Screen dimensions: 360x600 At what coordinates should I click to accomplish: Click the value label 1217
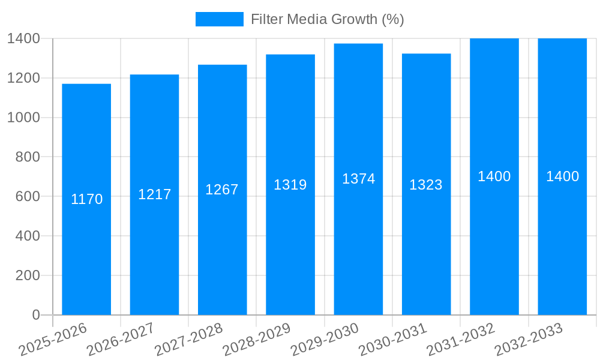click(155, 194)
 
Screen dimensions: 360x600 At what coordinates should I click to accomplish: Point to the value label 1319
click(290, 185)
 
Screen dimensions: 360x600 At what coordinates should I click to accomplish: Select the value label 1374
click(358, 179)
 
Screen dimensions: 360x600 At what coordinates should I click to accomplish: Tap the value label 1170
click(87, 199)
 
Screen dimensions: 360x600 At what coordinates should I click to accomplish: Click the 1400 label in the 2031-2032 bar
click(494, 176)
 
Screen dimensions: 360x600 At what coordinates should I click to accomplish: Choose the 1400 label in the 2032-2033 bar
click(562, 176)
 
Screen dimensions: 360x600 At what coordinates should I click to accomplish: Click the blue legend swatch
click(219, 19)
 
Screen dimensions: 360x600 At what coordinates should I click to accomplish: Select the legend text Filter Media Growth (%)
click(328, 19)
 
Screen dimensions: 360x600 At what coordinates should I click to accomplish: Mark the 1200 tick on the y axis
click(23, 78)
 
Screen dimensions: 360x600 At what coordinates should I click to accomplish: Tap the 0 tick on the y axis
click(35, 315)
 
